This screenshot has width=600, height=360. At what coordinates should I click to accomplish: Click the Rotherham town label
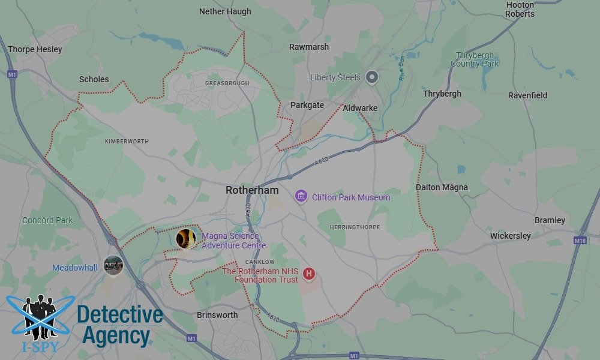pyautogui.click(x=252, y=190)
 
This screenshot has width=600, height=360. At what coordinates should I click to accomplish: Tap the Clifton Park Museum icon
pyautogui.click(x=301, y=196)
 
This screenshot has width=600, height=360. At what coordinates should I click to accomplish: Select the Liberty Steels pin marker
pyautogui.click(x=373, y=77)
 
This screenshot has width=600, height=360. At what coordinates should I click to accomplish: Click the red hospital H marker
pyautogui.click(x=309, y=274)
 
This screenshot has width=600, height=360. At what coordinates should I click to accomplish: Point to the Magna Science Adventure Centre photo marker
pyautogui.click(x=186, y=239)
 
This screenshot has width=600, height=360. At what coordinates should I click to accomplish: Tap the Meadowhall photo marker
pyautogui.click(x=113, y=264)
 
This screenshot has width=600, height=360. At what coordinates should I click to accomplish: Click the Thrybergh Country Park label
pyautogui.click(x=475, y=59)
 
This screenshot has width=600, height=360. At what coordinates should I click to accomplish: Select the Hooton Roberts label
pyautogui.click(x=520, y=9)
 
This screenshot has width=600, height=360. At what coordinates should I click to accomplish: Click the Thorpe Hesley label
pyautogui.click(x=35, y=49)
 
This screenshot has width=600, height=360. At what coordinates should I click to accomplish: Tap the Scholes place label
pyautogui.click(x=94, y=79)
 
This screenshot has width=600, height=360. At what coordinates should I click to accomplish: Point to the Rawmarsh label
pyautogui.click(x=308, y=47)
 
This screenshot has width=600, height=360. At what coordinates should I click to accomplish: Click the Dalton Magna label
pyautogui.click(x=442, y=188)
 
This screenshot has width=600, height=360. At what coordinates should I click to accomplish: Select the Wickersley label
pyautogui.click(x=510, y=236)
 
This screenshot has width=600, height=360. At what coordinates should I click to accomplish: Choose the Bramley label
pyautogui.click(x=550, y=220)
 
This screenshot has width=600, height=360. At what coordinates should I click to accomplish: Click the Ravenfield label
pyautogui.click(x=527, y=95)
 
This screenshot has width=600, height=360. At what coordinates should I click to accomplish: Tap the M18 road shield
pyautogui.click(x=580, y=240)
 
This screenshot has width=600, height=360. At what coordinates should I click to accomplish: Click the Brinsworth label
pyautogui.click(x=217, y=315)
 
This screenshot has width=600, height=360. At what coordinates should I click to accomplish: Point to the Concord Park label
pyautogui.click(x=47, y=220)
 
